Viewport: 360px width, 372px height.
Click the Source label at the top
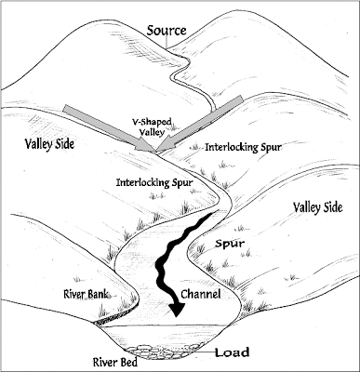(167, 30)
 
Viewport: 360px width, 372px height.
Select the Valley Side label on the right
(318, 206)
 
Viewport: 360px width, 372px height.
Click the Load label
(232, 353)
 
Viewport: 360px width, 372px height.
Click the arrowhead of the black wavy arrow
(175, 314)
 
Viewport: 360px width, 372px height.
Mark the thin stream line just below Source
(185, 70)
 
